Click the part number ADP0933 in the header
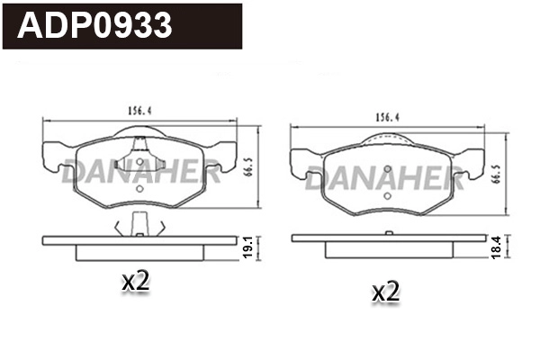pyautogui.click(x=95, y=25)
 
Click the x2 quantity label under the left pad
pyautogui.click(x=135, y=282)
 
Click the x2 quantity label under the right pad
pyautogui.click(x=385, y=291)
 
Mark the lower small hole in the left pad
pyautogui.click(x=138, y=190)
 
